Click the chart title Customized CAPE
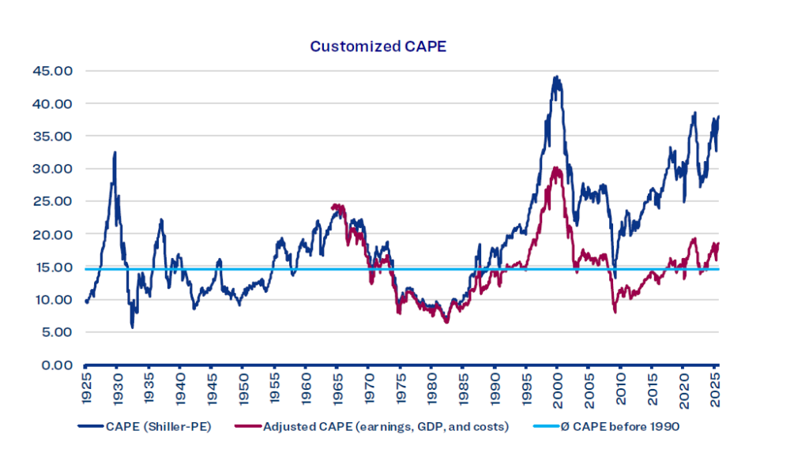pos(378,46)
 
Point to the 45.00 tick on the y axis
pos(53,70)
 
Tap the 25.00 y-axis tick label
pos(53,201)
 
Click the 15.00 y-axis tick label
pos(53,267)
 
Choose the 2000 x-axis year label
pos(557,388)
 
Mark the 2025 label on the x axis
pos(714,388)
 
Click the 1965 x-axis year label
pos(337,388)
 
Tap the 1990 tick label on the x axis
pos(495,388)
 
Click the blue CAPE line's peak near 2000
pos(556,77)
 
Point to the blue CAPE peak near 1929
pos(115,152)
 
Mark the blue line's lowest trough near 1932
pos(132,327)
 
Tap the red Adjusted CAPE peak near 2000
pos(556,167)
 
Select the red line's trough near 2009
pos(615,313)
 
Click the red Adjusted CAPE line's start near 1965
pos(332,206)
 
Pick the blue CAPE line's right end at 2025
pos(719,117)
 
